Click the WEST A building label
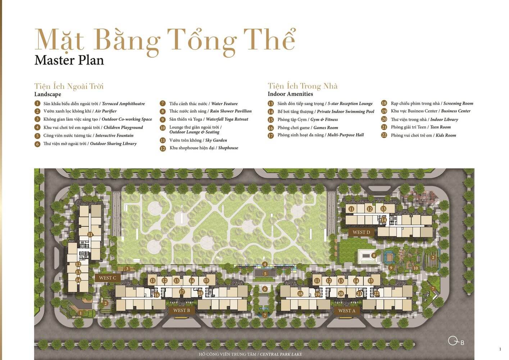click(x=346, y=311)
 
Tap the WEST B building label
click(x=182, y=310)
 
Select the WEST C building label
click(x=108, y=278)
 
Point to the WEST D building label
click(x=361, y=233)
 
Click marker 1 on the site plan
click(x=81, y=313)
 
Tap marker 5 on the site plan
click(x=265, y=274)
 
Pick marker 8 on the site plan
click(x=374, y=255)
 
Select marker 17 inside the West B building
click(x=182, y=292)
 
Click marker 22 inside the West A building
click(x=376, y=294)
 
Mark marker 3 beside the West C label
click(x=127, y=269)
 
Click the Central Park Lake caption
click(x=250, y=354)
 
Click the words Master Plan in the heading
click(x=69, y=60)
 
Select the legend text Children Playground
click(x=123, y=127)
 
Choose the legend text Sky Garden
click(x=216, y=140)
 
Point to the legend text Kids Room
click(x=446, y=135)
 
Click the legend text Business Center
click(x=456, y=111)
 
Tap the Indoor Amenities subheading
click(x=290, y=94)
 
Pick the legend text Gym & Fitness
click(x=324, y=120)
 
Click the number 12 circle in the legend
click(x=163, y=149)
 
